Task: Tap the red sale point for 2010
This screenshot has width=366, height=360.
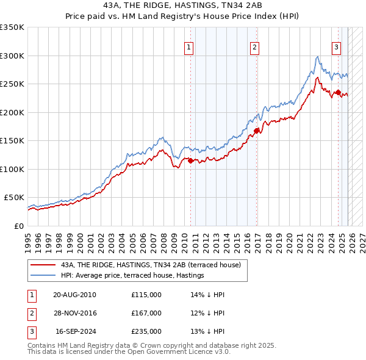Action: click(x=190, y=161)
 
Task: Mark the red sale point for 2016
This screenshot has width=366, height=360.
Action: click(x=256, y=131)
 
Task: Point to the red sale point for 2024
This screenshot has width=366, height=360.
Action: click(x=338, y=93)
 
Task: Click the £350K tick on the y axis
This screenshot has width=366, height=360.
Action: click(x=12, y=27)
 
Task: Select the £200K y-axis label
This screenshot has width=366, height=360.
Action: click(x=12, y=112)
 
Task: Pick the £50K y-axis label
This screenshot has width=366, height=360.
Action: click(x=14, y=198)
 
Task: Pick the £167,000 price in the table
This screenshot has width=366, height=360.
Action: click(x=146, y=313)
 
